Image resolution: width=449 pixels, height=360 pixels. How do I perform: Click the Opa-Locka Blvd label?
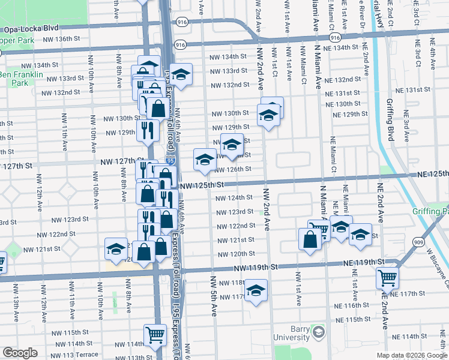(32, 29)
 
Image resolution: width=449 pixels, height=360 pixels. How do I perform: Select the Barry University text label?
(291, 337)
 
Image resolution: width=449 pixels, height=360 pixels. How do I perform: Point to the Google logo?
(20, 353)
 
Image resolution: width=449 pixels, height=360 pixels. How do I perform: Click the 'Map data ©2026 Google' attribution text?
(411, 355)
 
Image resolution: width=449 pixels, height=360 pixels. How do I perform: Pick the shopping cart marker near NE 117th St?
(388, 277)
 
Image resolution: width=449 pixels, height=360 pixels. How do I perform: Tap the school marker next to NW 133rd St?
(180, 74)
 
